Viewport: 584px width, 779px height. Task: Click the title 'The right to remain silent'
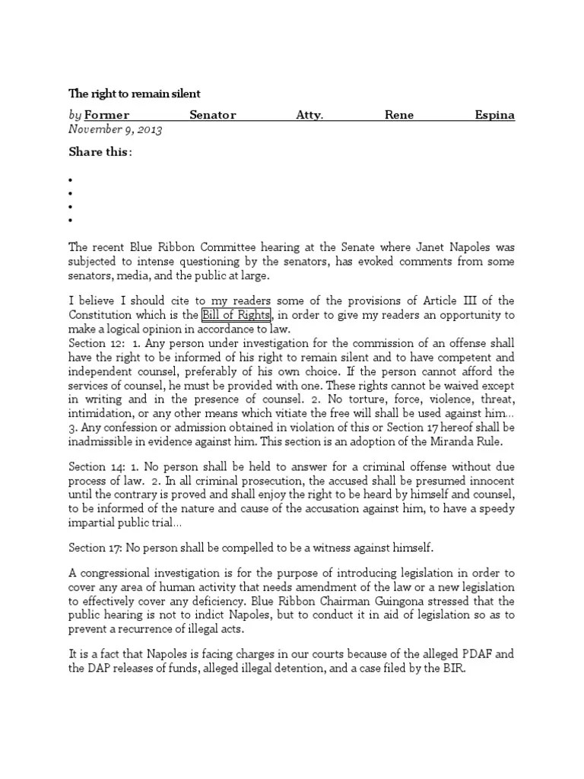point(135,94)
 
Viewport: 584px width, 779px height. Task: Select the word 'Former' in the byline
point(106,115)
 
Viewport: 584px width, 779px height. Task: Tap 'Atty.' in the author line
point(309,115)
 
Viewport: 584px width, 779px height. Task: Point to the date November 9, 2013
point(115,129)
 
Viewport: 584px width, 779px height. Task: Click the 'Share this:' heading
point(100,151)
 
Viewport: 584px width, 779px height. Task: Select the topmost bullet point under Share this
point(70,180)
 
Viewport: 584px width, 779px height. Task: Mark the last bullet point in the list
point(70,221)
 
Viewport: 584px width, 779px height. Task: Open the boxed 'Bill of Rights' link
point(235,315)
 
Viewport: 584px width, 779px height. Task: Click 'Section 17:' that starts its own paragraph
point(95,548)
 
